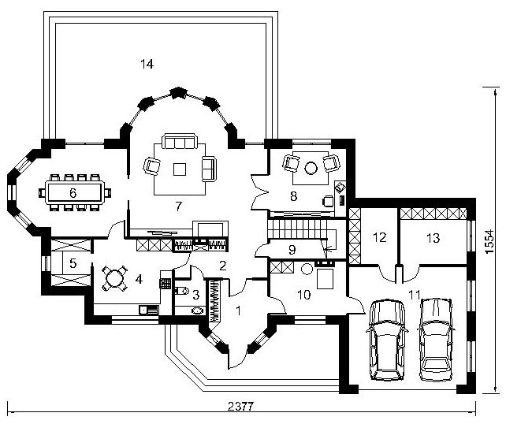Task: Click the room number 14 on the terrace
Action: click(147, 64)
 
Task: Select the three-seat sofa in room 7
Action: click(180, 141)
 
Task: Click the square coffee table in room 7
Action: click(180, 169)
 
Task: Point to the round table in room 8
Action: click(311, 167)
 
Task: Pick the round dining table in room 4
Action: click(113, 278)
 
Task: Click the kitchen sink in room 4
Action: click(149, 310)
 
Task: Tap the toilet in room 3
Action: click(182, 291)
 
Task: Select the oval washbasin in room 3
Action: click(197, 311)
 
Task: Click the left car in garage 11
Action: click(387, 340)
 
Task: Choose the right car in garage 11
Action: click(437, 340)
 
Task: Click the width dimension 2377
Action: click(240, 406)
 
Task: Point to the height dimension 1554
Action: click(490, 241)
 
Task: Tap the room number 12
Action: click(380, 237)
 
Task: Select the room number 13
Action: click(433, 238)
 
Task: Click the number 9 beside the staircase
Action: click(292, 249)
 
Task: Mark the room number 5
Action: click(73, 263)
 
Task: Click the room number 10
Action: click(304, 294)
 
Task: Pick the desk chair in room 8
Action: click(328, 201)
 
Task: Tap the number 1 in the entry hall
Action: click(238, 311)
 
